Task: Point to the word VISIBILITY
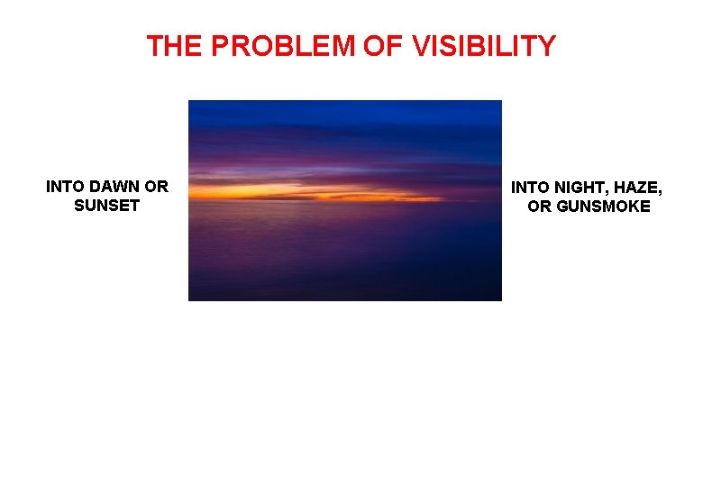point(484,46)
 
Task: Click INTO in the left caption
point(66,187)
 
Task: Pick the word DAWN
point(115,187)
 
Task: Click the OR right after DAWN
point(156,187)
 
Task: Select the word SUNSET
point(107,206)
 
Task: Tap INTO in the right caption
point(531,188)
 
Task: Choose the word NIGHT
point(584,188)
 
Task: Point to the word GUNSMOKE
point(602,207)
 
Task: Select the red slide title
point(351,46)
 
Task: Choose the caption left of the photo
point(107,196)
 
